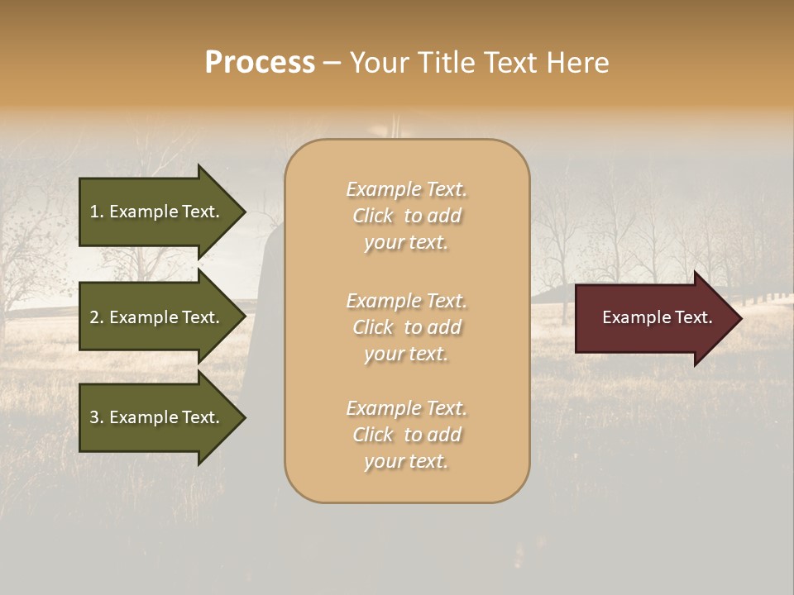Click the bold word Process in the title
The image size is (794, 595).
click(x=260, y=63)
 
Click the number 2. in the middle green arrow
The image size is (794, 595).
click(x=97, y=317)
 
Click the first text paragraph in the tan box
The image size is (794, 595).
click(x=406, y=216)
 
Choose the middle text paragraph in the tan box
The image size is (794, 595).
click(x=406, y=327)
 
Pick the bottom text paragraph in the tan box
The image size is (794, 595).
click(x=406, y=435)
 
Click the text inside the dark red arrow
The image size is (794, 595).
click(x=657, y=317)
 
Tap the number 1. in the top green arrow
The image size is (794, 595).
click(x=97, y=212)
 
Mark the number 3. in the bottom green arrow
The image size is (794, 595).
click(x=97, y=417)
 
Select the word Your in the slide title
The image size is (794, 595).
click(x=377, y=63)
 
